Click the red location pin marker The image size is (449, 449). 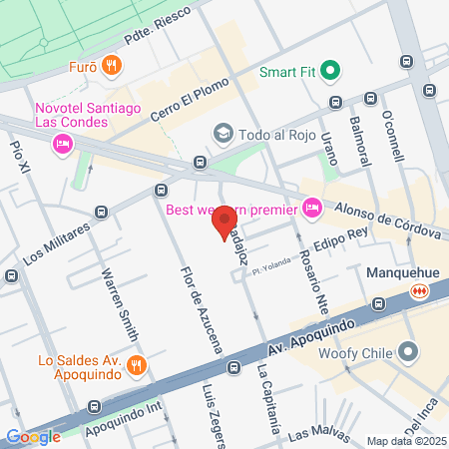[x=224, y=222]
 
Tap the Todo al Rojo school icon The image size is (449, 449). [x=222, y=133]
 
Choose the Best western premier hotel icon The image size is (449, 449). [x=311, y=208]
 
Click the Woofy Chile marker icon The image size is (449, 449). [x=407, y=350]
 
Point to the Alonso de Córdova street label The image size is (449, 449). [x=386, y=220]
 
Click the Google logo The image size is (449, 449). [x=34, y=436]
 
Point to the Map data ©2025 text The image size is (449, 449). [x=403, y=441]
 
